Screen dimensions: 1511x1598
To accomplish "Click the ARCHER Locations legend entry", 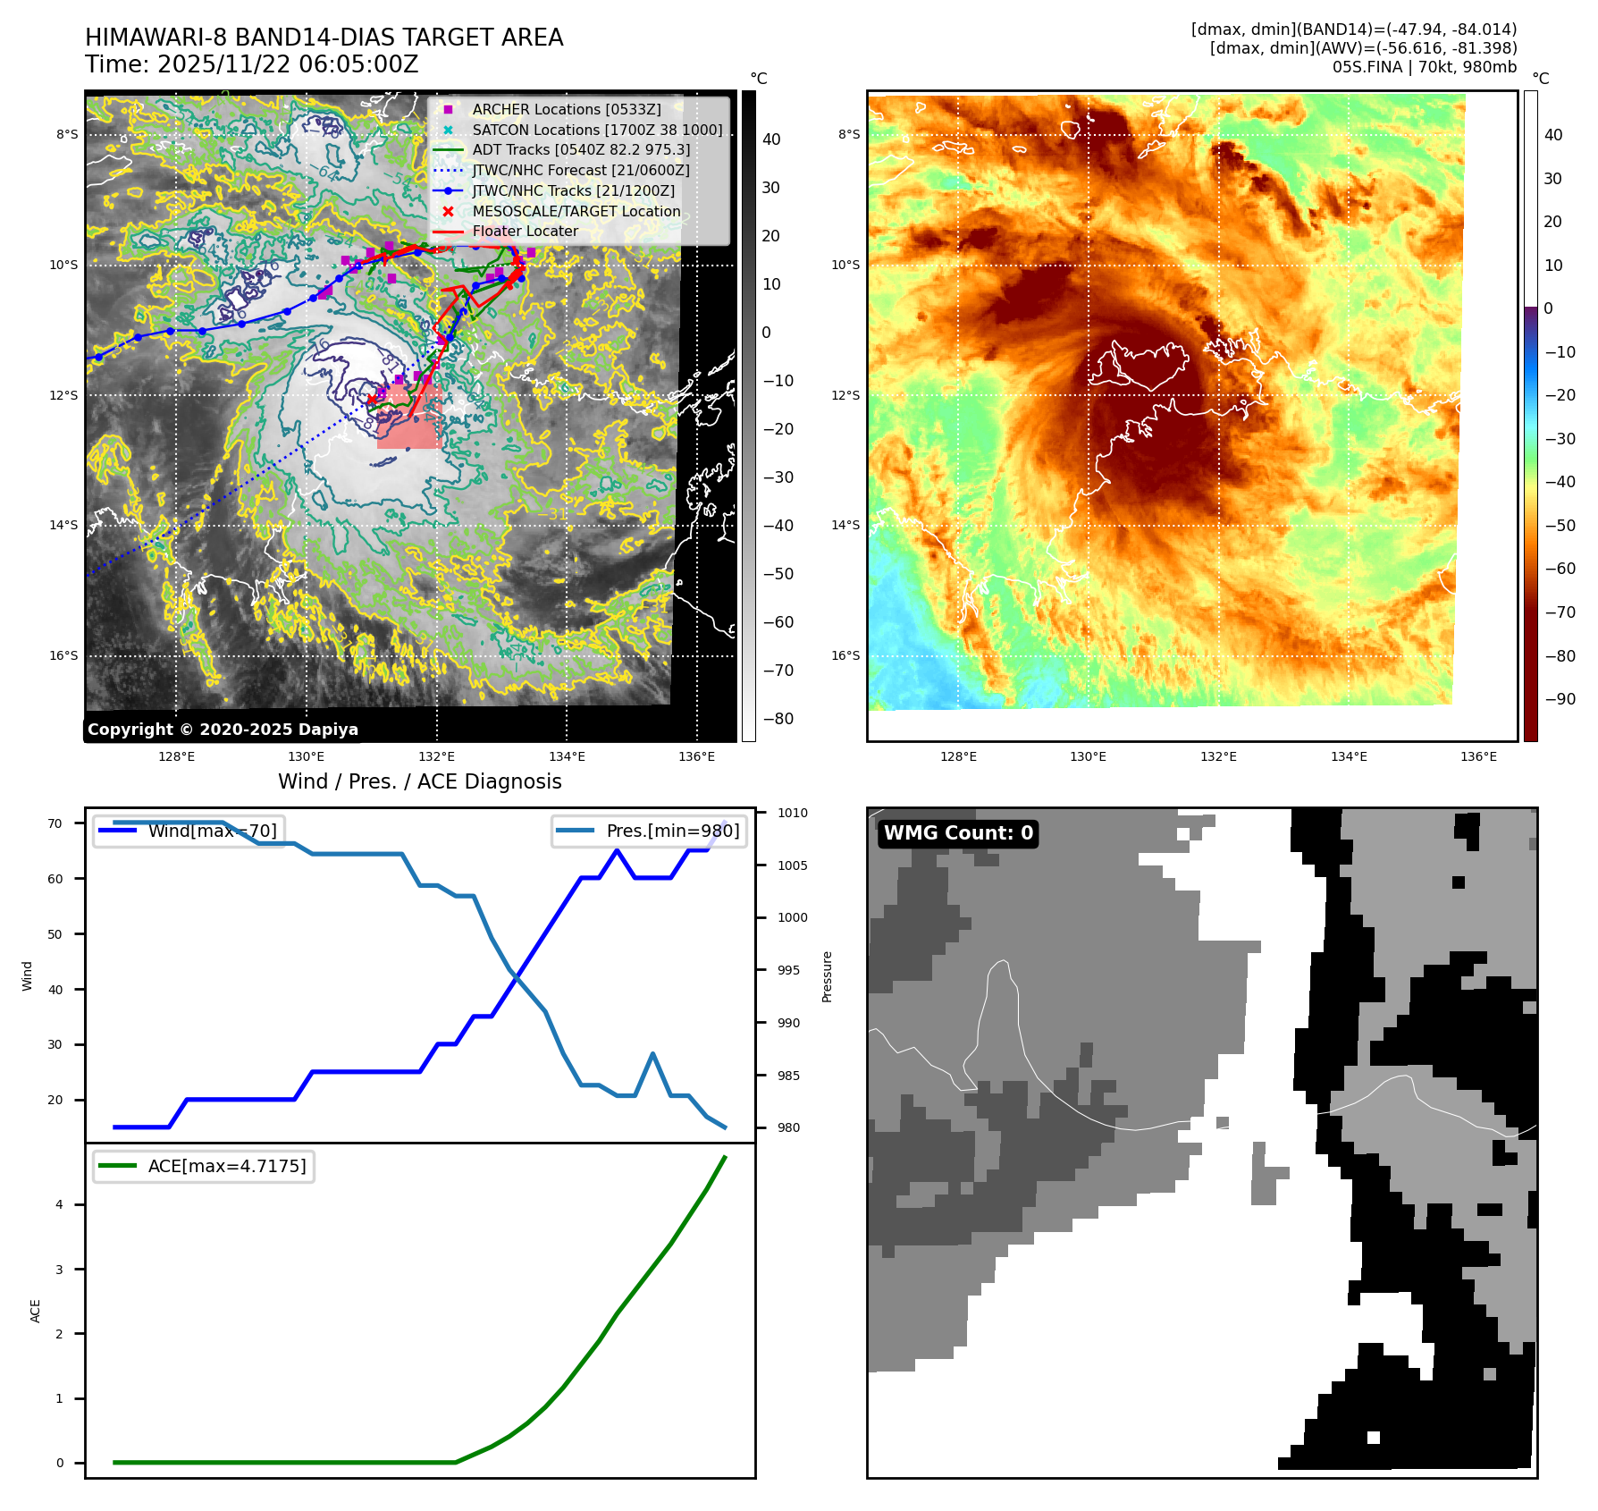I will pyautogui.click(x=567, y=109).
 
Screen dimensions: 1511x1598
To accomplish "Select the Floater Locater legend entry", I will pyautogui.click(x=525, y=231).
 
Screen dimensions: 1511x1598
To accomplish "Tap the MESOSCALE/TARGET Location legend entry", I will pyautogui.click(x=576, y=211).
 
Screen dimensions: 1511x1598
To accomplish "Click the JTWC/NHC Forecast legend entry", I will pyautogui.click(x=580, y=170).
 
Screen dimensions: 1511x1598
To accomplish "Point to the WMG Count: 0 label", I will pyautogui.click(x=958, y=833).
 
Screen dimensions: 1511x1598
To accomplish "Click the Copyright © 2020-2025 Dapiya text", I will pyautogui.click(x=223, y=730).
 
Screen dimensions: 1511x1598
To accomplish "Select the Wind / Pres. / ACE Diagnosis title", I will pyautogui.click(x=419, y=781).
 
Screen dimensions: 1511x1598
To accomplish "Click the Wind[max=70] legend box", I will pyautogui.click(x=189, y=831).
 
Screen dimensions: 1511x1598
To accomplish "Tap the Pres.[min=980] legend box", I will pyautogui.click(x=650, y=831).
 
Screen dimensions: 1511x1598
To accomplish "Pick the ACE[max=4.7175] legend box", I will pyautogui.click(x=204, y=1166).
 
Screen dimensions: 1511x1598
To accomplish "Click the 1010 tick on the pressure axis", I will pyautogui.click(x=792, y=813).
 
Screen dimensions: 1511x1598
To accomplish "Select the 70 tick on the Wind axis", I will pyautogui.click(x=55, y=823).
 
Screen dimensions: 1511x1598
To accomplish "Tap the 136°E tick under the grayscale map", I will pyautogui.click(x=696, y=756).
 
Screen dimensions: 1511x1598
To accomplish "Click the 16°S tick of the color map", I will pyautogui.click(x=845, y=655).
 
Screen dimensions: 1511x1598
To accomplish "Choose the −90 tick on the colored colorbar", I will pyautogui.click(x=1560, y=699).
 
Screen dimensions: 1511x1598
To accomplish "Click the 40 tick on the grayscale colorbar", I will pyautogui.click(x=770, y=139).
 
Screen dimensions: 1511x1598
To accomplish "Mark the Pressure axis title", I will pyautogui.click(x=827, y=976).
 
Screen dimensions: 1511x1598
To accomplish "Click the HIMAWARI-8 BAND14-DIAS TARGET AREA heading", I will pyautogui.click(x=324, y=38).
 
